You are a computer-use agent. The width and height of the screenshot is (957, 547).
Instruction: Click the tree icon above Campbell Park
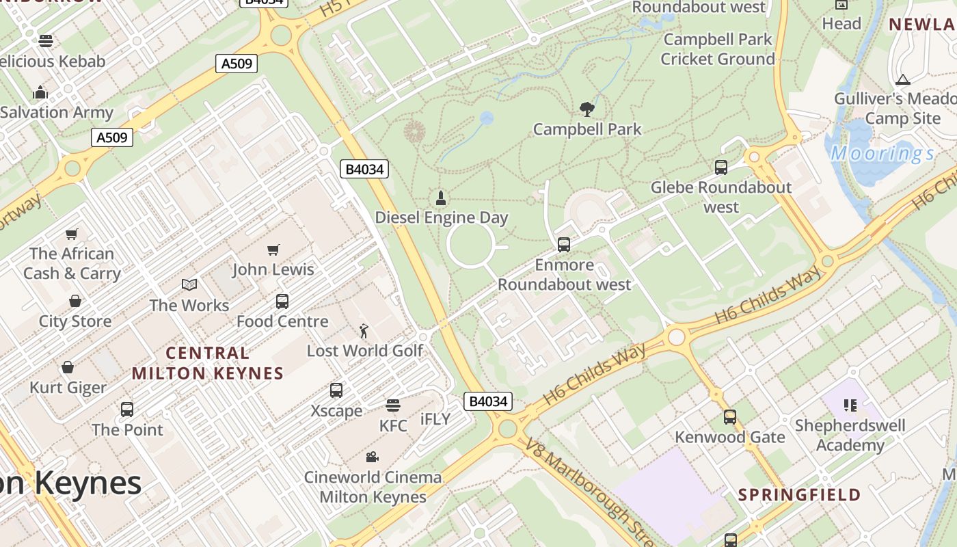[587, 109]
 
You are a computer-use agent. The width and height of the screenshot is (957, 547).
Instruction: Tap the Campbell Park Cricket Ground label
[718, 49]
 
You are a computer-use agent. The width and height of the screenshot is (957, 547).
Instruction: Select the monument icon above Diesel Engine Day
[441, 198]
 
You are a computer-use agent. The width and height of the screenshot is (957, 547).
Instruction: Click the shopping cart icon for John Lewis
[273, 250]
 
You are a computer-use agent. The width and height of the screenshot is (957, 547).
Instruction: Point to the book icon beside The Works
[189, 285]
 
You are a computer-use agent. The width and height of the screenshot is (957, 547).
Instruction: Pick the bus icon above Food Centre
[282, 301]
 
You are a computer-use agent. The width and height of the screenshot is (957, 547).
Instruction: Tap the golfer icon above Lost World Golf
[364, 331]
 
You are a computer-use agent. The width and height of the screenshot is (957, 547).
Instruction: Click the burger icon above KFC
[392, 405]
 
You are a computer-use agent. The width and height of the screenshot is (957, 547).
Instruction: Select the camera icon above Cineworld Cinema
[372, 457]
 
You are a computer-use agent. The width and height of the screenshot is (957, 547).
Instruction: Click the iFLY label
[435, 419]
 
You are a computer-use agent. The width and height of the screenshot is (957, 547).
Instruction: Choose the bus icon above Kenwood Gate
[730, 416]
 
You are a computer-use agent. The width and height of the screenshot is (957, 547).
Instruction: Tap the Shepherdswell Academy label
[850, 436]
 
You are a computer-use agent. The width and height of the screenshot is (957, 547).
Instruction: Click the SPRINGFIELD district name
[799, 495]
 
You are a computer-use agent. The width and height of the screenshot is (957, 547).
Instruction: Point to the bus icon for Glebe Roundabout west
[720, 168]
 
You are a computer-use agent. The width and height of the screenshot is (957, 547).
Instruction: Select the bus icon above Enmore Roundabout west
[564, 244]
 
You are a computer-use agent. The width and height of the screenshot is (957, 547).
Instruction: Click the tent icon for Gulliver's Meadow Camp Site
[903, 79]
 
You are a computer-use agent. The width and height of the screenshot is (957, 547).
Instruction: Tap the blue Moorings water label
[882, 153]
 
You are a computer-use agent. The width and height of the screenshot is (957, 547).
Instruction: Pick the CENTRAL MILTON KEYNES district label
[208, 363]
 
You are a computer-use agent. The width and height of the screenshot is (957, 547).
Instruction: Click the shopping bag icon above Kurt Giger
[68, 368]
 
